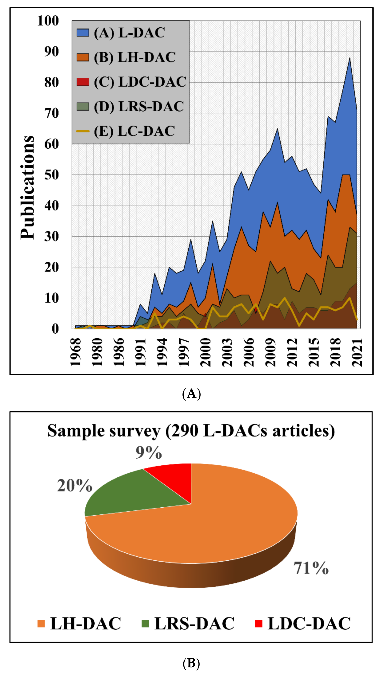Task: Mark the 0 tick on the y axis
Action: pos(55,329)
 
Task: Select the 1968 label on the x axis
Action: pos(76,352)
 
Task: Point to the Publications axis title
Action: pos(27,187)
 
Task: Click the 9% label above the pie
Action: pos(149,453)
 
